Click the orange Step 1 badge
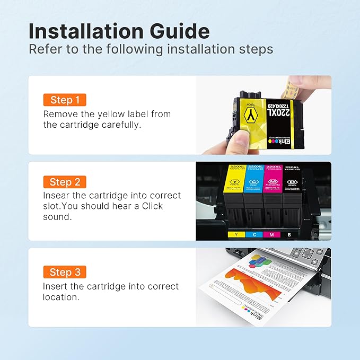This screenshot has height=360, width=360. coord(64,100)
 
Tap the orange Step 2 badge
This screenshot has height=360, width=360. coord(64,182)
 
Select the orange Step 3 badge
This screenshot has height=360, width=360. coord(64,273)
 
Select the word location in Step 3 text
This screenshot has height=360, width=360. coord(60,297)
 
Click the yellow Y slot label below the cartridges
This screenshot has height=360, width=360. coord(235,234)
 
